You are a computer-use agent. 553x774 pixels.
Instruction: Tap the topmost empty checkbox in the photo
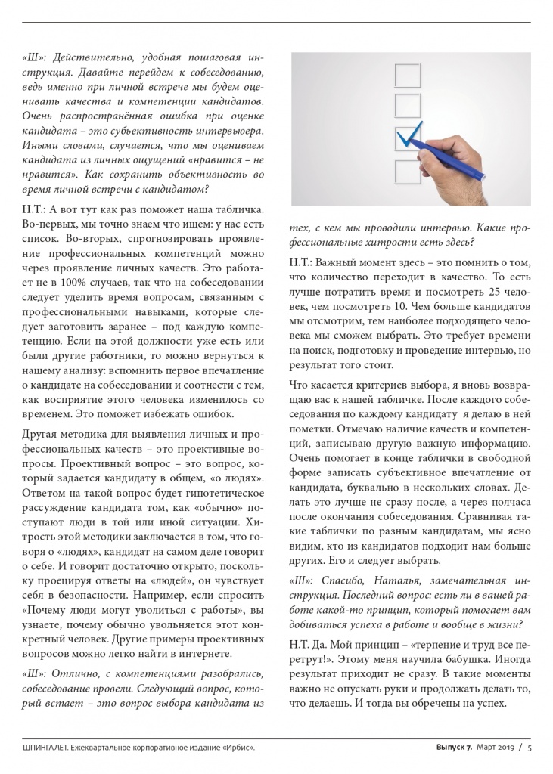tap(408, 75)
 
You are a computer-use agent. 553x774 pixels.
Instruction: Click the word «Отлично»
tap(81, 673)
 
